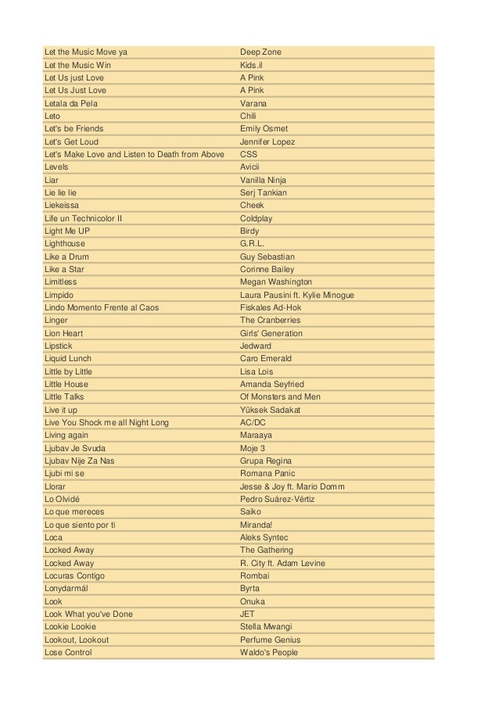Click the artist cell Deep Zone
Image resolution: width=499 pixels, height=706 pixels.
coord(260,52)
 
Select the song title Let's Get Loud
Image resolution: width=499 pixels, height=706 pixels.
coord(71,142)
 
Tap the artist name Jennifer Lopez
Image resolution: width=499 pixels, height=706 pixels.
coord(267,142)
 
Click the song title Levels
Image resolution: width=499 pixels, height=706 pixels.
coord(56,167)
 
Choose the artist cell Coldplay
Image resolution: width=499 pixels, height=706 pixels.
coord(256,219)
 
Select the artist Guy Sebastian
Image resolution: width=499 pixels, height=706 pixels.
coord(268,256)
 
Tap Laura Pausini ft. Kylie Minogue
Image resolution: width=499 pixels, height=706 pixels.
coord(296,295)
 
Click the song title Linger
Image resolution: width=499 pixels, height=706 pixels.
coord(57,321)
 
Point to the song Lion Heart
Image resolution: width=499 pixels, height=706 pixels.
coord(64,333)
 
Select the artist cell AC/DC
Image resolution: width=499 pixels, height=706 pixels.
coord(253,422)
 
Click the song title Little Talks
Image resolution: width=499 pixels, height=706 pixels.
coord(64,397)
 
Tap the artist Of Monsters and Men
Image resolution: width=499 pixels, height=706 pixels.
coord(280,397)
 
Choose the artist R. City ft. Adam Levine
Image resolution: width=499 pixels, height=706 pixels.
coord(282,563)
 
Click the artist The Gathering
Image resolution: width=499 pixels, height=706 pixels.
coord(267,550)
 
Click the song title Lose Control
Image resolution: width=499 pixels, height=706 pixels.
coord(68,652)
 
